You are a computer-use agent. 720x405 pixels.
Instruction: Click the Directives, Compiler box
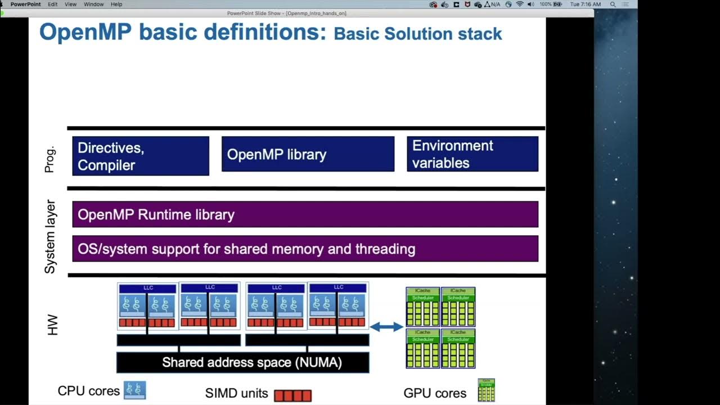[x=141, y=156]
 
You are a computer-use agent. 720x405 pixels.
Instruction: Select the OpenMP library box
[x=308, y=154]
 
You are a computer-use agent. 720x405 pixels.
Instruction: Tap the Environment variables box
[x=472, y=154]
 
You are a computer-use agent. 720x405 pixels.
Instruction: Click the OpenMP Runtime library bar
[x=305, y=214]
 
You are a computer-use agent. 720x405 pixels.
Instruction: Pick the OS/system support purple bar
[x=305, y=249]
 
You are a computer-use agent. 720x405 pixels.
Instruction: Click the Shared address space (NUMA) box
[x=242, y=362]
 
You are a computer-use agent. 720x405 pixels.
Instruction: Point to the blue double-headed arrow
[x=386, y=326]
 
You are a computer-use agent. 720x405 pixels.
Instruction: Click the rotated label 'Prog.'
[x=50, y=159]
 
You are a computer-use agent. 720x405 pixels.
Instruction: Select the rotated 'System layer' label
[x=50, y=236]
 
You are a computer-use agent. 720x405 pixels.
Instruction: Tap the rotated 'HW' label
[x=52, y=326]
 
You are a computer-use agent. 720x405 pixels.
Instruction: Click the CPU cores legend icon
[x=134, y=390]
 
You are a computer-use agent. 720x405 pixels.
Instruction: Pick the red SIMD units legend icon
[x=292, y=395]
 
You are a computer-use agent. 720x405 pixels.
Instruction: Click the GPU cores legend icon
[x=486, y=390]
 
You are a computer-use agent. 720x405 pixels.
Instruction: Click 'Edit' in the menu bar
[x=52, y=4]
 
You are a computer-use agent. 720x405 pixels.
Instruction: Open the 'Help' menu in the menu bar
[x=116, y=4]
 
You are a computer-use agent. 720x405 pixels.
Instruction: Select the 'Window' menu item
[x=93, y=4]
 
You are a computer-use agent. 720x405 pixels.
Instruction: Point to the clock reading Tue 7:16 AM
[x=585, y=4]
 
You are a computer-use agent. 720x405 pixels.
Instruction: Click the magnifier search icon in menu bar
[x=613, y=4]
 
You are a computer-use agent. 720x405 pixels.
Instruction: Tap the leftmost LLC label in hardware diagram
[x=148, y=288]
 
